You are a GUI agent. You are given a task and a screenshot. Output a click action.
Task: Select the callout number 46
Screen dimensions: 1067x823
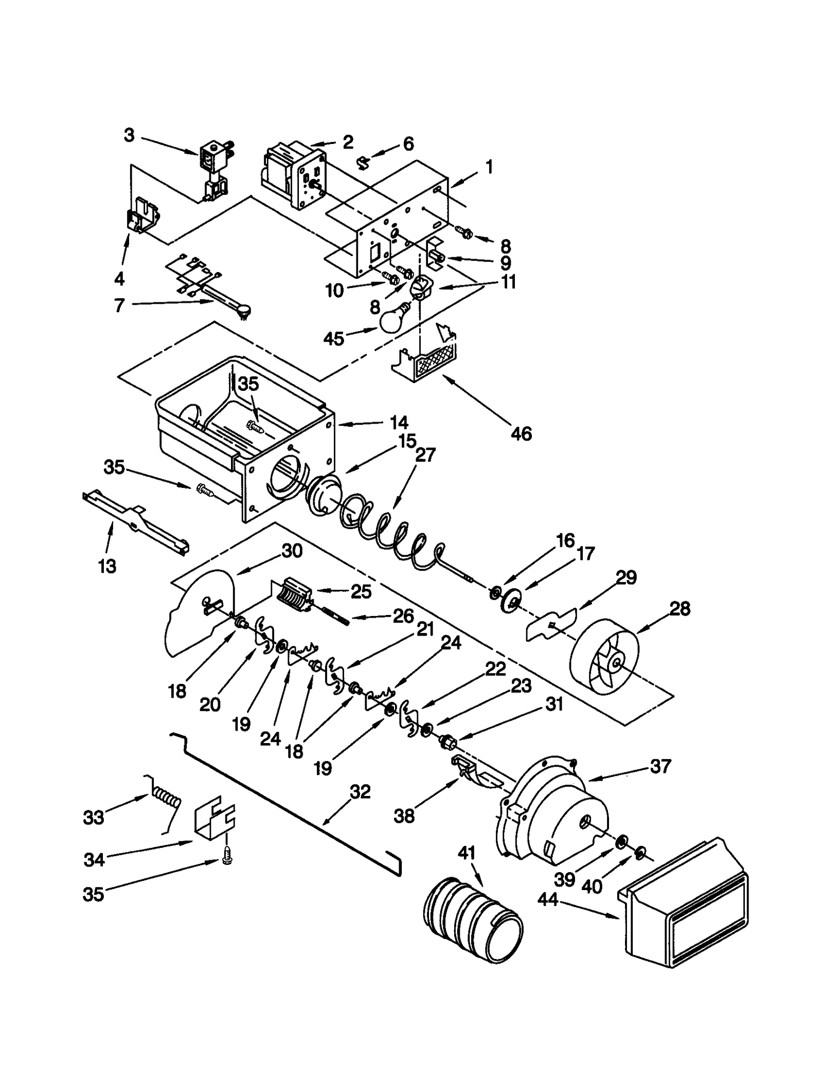point(521,433)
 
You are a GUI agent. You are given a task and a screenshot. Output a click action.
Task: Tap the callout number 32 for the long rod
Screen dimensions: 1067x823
point(360,792)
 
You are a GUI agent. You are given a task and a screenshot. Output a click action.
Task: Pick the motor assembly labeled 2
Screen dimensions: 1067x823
point(293,175)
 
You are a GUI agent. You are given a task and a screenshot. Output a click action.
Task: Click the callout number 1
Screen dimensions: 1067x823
point(489,167)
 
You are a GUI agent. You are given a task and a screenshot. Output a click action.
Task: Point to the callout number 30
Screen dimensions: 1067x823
point(292,551)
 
